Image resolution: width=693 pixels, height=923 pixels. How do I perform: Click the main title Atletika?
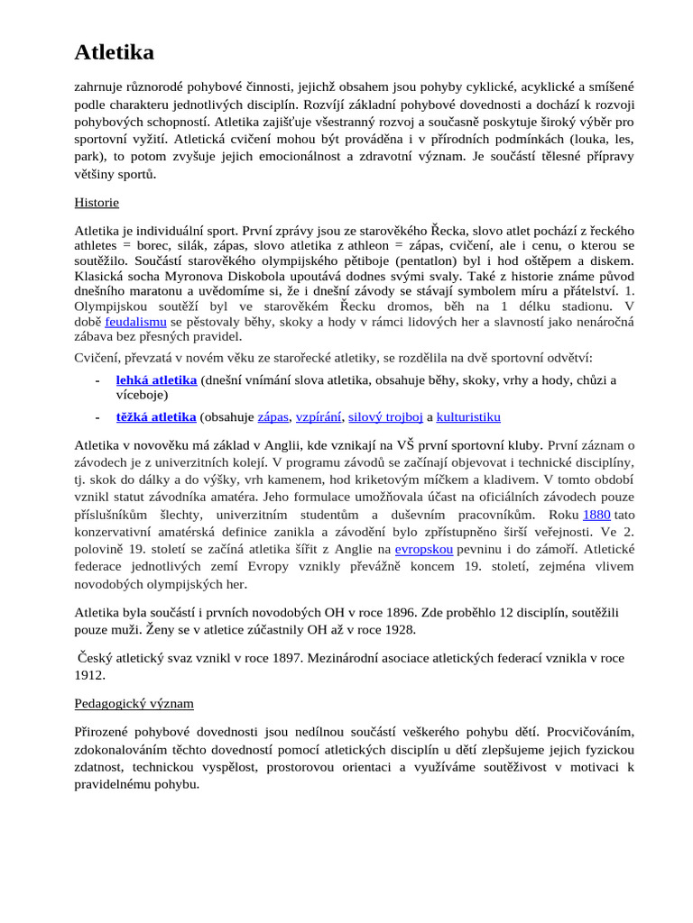[114, 53]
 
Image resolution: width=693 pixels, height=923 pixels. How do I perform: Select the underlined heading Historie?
[97, 203]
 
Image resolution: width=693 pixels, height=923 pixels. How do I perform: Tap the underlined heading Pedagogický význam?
[134, 702]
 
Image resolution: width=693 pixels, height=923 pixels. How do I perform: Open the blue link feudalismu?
[135, 322]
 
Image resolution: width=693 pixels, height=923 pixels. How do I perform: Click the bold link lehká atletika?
[156, 380]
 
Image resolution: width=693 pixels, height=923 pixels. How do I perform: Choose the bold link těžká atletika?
[156, 417]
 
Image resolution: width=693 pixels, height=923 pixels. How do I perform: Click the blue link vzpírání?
[319, 417]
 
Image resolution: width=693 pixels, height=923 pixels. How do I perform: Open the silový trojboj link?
[385, 417]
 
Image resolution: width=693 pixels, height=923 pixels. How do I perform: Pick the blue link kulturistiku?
[468, 417]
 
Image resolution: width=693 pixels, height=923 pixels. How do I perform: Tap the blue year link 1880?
[596, 515]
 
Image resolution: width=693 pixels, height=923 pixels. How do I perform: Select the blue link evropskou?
[424, 548]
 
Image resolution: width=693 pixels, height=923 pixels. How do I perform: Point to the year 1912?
[89, 675]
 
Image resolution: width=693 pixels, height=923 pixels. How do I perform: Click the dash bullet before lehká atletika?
[97, 380]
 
